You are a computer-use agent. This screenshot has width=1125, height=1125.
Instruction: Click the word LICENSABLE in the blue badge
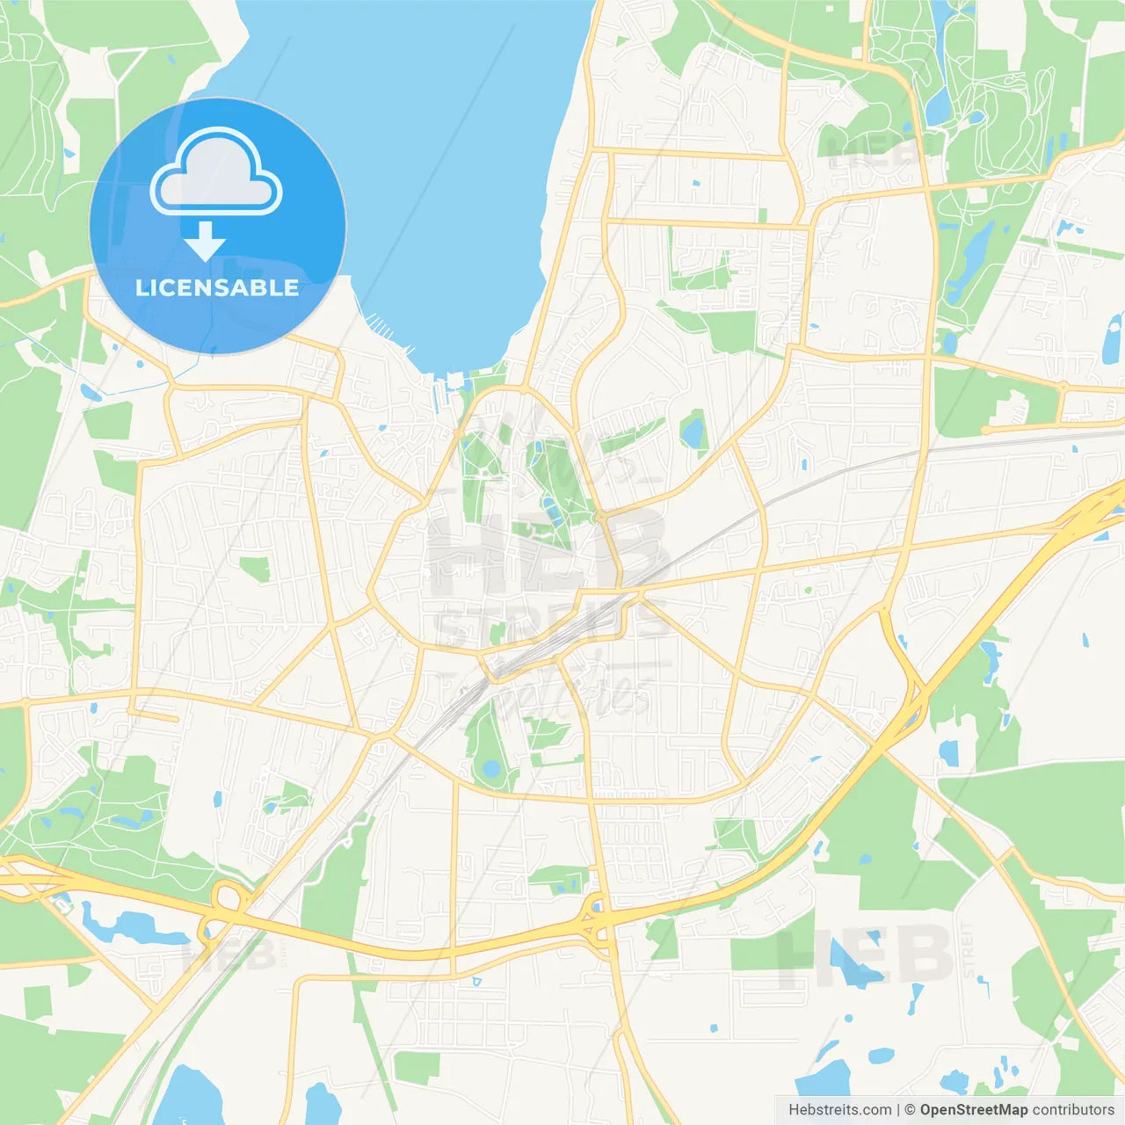pos(217,287)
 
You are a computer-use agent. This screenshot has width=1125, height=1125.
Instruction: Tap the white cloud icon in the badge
pos(216,173)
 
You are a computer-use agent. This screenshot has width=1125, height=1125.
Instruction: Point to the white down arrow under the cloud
pos(205,242)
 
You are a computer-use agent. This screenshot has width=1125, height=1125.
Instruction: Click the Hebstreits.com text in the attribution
pos(840,1110)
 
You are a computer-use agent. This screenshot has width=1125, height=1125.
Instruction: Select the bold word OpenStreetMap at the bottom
pos(973,1110)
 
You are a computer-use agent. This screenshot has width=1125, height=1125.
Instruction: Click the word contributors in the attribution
pos(1073,1110)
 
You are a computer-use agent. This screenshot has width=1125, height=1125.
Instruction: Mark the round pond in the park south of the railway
pos(490,771)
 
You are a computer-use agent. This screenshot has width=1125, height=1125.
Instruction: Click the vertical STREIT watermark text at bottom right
pos(969,950)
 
